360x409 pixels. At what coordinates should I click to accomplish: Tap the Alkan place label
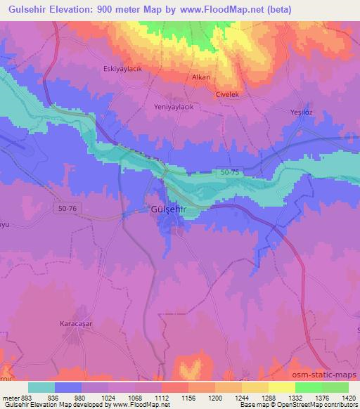pyautogui.click(x=201, y=77)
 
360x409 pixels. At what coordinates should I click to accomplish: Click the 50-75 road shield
pyautogui.click(x=229, y=171)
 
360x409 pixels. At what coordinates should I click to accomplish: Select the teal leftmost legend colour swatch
pyautogui.click(x=41, y=387)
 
